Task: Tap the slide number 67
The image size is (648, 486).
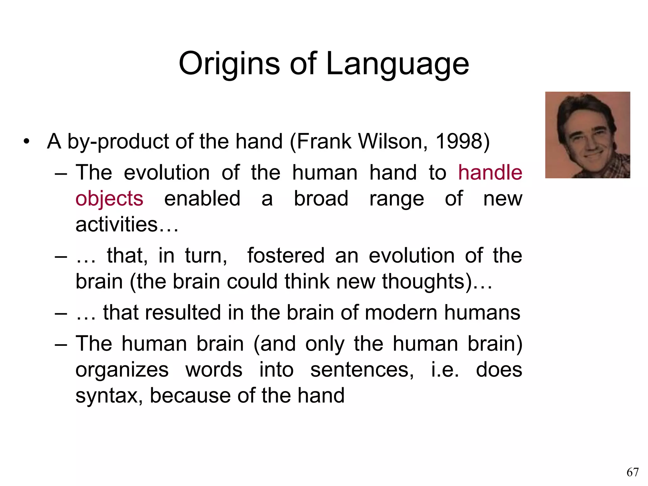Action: [632, 472]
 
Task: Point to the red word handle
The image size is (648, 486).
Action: [490, 173]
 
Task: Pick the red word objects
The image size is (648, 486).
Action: [109, 199]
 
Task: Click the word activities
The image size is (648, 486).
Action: [116, 224]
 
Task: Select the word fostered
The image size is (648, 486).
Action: [286, 256]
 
